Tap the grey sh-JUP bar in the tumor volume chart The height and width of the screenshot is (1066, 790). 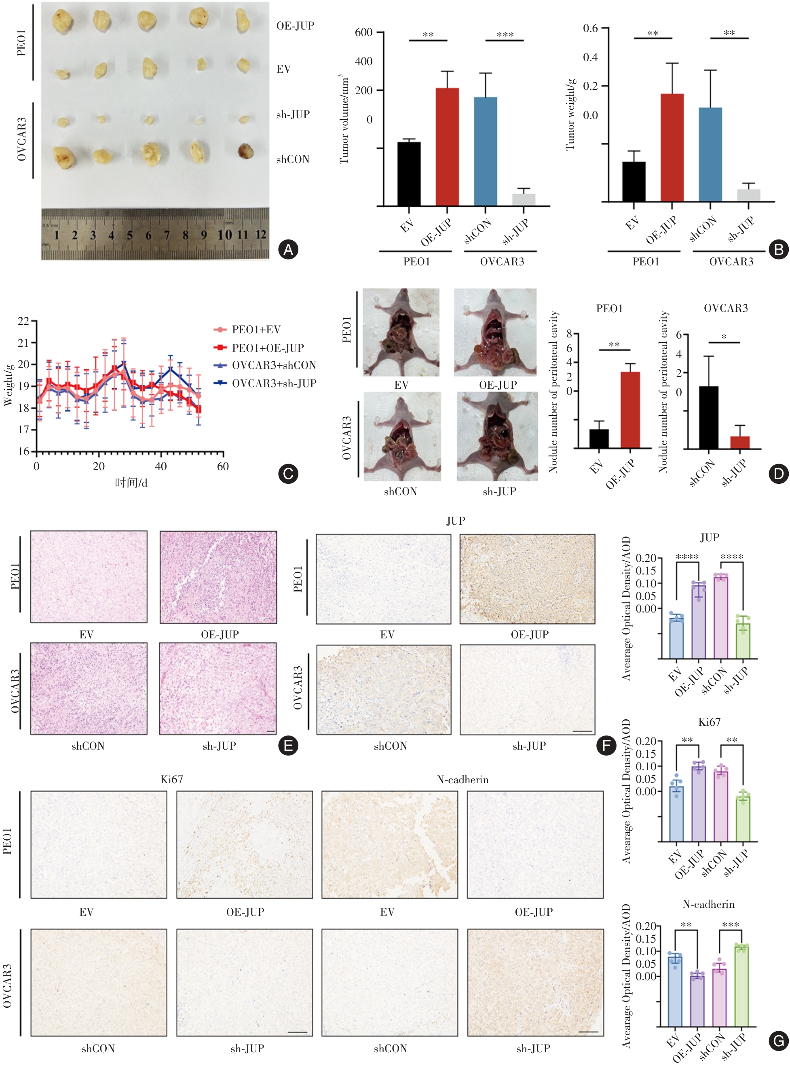pyautogui.click(x=524, y=199)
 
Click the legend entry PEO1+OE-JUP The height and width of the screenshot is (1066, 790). pyautogui.click(x=267, y=348)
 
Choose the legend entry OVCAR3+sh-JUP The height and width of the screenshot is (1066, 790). pyautogui.click(x=274, y=383)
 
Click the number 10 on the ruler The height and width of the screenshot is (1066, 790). pyautogui.click(x=225, y=235)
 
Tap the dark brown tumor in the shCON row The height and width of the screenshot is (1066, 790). pyautogui.click(x=245, y=151)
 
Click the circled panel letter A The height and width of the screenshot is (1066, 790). pyautogui.click(x=288, y=249)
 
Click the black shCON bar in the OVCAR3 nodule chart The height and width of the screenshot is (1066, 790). pyautogui.click(x=708, y=417)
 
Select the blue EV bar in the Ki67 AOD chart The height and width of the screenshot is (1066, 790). pyautogui.click(x=676, y=814)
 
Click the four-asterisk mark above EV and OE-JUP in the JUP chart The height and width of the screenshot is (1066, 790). pyautogui.click(x=687, y=557)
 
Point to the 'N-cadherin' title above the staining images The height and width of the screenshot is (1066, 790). pyautogui.click(x=462, y=780)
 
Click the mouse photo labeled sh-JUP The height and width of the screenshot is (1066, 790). pyautogui.click(x=497, y=437)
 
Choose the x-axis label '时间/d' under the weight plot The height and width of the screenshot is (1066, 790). pyautogui.click(x=131, y=483)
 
